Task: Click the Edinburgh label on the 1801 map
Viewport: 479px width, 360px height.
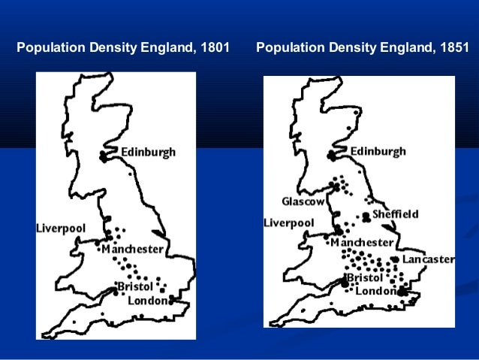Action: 148,152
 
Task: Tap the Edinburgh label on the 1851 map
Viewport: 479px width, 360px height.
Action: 378,151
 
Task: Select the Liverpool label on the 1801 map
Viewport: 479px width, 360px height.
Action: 61,228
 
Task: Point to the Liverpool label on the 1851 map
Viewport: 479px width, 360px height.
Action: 288,222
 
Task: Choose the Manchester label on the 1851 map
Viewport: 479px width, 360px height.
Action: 362,243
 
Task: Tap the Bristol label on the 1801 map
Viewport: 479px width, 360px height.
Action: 136,286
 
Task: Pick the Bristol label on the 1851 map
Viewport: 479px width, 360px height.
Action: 365,278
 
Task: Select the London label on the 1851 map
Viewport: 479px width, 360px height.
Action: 376,291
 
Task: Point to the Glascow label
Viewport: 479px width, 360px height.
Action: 303,201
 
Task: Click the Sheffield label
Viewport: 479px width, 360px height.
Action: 396,214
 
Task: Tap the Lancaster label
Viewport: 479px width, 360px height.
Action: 428,259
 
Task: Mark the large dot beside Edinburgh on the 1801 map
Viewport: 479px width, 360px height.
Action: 104,156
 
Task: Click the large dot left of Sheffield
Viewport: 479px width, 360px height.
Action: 366,216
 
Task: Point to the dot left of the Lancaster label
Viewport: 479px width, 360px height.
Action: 395,259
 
